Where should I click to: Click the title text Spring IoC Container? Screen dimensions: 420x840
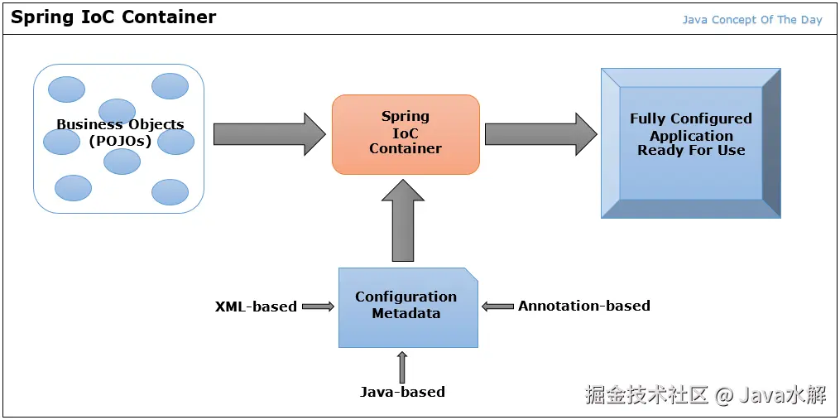(x=113, y=17)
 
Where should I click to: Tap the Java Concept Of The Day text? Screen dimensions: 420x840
(x=751, y=20)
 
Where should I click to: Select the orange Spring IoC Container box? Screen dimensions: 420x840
(x=406, y=134)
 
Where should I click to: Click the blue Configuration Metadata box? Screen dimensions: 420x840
(x=407, y=307)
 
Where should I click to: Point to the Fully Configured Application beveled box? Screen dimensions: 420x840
(x=690, y=142)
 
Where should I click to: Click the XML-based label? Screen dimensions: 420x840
(x=256, y=307)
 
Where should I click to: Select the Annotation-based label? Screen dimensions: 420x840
(x=583, y=306)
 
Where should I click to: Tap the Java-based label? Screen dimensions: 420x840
(x=402, y=392)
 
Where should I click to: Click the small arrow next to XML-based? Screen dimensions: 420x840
(x=318, y=307)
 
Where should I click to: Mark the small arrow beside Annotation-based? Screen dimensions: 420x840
(x=497, y=307)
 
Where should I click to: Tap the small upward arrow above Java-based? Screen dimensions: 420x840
(x=403, y=365)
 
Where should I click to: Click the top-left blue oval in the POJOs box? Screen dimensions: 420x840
(x=66, y=88)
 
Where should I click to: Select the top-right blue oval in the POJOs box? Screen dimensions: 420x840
(x=170, y=85)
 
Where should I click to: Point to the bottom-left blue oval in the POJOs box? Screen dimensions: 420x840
(x=73, y=188)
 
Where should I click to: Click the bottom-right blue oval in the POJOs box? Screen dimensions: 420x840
(x=170, y=191)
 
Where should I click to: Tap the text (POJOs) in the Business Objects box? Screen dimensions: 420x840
(x=120, y=141)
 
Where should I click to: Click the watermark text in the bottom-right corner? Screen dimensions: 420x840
(x=705, y=395)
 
